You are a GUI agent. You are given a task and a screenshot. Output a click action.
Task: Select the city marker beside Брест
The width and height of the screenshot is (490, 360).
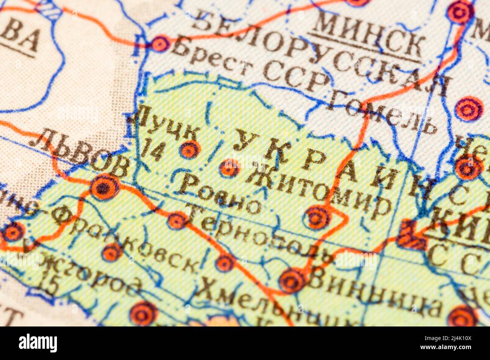pos(161,44)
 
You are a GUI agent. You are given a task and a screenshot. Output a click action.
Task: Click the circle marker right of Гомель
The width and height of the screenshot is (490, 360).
pos(468,109)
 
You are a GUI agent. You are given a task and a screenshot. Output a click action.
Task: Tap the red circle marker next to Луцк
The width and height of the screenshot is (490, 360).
pos(189,150)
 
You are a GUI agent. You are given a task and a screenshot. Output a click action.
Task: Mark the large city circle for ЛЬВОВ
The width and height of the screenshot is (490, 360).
pos(104,186)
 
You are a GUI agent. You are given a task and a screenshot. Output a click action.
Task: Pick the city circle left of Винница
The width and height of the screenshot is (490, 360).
pos(291,281)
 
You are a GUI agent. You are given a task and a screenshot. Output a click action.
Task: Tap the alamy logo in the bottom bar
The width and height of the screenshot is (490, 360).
pos(38,343)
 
